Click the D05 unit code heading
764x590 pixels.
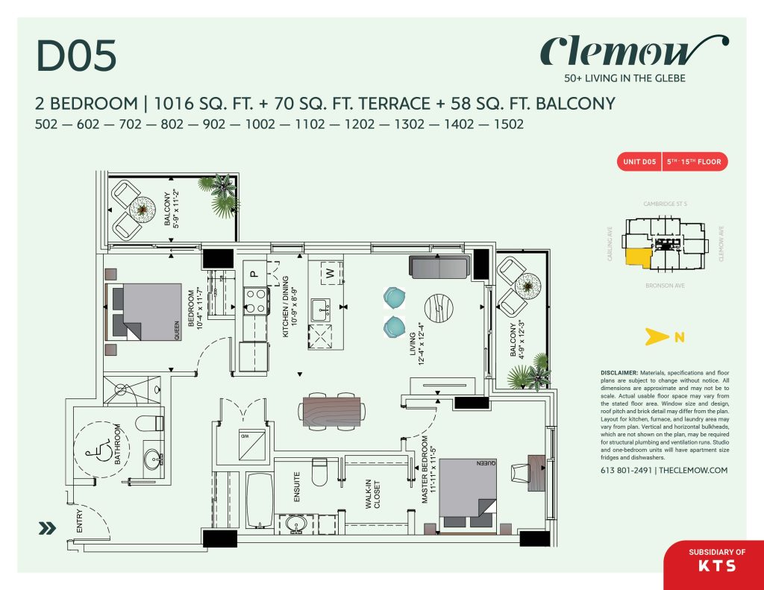[77, 58]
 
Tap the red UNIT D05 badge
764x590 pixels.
[639, 162]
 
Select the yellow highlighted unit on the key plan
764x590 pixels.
[638, 257]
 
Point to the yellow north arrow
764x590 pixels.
[654, 337]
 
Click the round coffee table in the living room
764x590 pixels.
[439, 307]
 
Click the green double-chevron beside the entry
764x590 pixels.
[48, 528]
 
